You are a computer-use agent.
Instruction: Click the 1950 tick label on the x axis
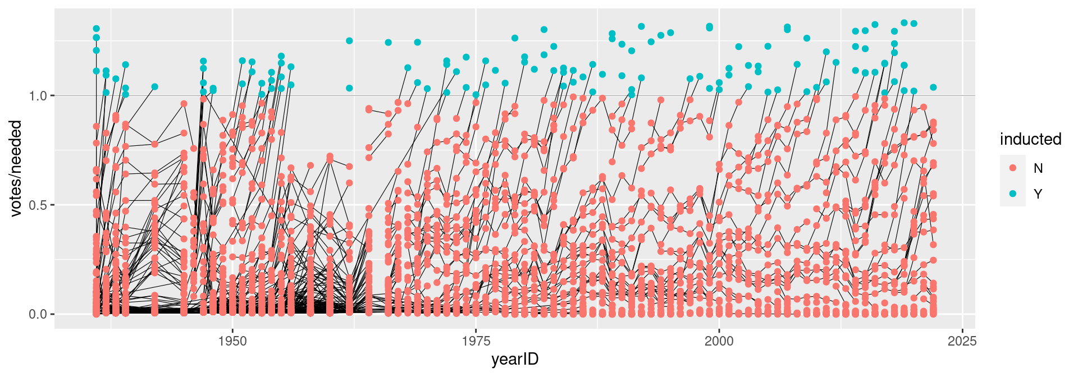click(x=232, y=341)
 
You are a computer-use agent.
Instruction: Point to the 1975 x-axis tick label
click(x=476, y=341)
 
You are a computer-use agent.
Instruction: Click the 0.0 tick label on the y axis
click(x=38, y=314)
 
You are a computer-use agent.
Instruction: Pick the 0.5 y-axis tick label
click(x=38, y=205)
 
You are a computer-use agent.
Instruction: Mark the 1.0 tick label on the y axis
click(x=38, y=95)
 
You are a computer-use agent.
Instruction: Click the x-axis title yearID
click(x=515, y=360)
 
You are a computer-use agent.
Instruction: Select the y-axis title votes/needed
click(x=16, y=168)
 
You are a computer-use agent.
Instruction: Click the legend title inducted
click(x=1030, y=139)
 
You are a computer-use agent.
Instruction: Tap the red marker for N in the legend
click(x=1013, y=168)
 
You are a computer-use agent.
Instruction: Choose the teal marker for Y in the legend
click(x=1013, y=194)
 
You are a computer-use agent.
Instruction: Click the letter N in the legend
click(x=1038, y=168)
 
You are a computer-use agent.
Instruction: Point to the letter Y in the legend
click(x=1038, y=194)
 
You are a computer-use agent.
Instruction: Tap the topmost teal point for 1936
click(x=96, y=29)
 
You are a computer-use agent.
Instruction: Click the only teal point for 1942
click(x=154, y=87)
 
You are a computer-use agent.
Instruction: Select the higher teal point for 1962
click(x=349, y=41)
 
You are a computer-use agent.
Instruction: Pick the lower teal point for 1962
click(x=349, y=88)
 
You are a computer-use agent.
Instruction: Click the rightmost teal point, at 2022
click(x=933, y=88)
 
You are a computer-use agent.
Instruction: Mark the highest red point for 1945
click(x=184, y=104)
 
